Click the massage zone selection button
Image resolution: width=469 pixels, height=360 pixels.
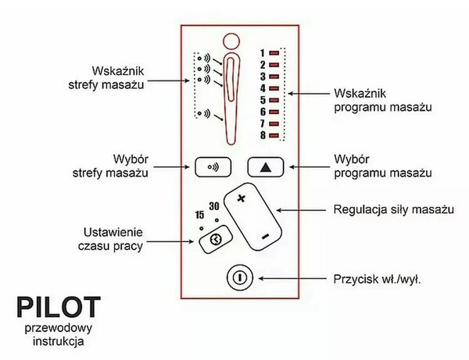coord(213,167)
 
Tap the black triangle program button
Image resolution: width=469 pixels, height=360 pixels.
coord(266,167)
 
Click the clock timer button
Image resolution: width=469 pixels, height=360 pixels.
coord(216,239)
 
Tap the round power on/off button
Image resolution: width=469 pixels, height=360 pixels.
coord(240,278)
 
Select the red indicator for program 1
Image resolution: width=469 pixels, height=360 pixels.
coord(274,53)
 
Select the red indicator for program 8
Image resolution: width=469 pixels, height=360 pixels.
coord(274,135)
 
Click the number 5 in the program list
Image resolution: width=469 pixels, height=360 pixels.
coord(263,100)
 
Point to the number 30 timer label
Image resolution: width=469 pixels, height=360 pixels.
coord(214,206)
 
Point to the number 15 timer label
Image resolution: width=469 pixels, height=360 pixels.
coord(199,215)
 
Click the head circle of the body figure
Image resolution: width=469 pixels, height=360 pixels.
coord(231,41)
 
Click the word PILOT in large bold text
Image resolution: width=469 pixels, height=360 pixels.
coord(59,307)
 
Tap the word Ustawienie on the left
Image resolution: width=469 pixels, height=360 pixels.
coord(113,232)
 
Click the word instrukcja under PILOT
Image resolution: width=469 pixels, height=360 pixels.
coord(59,341)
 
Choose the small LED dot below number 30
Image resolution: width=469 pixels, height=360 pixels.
coord(217,220)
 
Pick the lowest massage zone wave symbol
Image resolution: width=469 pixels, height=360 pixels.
coord(204,113)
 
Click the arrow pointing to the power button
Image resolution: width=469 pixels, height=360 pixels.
coord(292,279)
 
